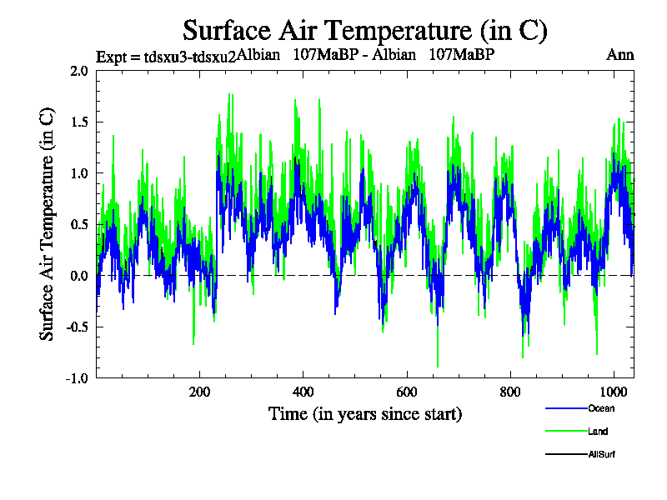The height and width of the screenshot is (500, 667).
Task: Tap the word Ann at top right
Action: point(620,56)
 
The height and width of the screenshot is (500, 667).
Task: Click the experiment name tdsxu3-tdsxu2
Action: point(166,57)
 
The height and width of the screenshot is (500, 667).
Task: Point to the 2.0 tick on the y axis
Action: point(79,71)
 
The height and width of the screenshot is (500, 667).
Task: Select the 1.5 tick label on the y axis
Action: point(79,122)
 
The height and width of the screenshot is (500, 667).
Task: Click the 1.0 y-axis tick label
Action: point(79,173)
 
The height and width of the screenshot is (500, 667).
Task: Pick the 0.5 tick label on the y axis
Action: point(79,225)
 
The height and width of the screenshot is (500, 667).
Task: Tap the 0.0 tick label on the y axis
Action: point(79,276)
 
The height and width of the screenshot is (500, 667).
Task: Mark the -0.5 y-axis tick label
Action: point(78,327)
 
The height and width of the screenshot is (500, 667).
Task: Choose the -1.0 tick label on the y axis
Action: point(78,378)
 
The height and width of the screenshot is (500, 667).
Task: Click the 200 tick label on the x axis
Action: point(199,393)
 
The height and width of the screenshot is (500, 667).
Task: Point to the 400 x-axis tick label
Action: point(303,393)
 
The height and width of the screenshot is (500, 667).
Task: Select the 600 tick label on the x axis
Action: point(406,393)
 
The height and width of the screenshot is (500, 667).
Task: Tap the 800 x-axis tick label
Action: point(510,393)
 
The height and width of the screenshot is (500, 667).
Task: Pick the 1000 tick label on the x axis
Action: point(614,393)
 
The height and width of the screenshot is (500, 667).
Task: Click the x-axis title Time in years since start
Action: point(365,413)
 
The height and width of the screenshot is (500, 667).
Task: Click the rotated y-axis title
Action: point(48,223)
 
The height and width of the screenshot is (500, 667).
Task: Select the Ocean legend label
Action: point(600,408)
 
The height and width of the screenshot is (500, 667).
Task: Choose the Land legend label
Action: point(598,432)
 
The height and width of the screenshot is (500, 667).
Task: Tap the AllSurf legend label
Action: point(602,455)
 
